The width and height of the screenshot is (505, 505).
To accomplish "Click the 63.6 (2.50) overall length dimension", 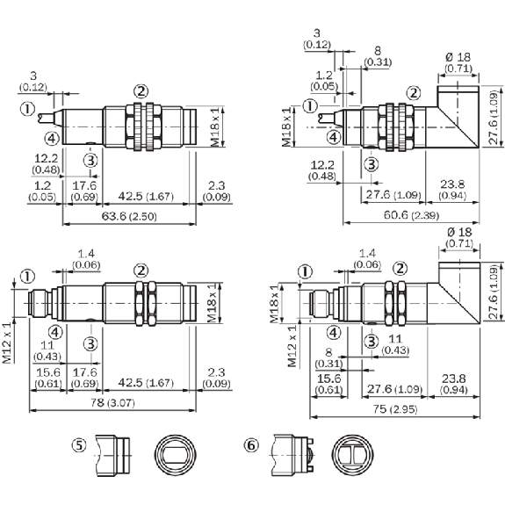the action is coord(129,216).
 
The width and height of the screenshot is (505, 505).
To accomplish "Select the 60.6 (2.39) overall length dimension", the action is coord(411,215).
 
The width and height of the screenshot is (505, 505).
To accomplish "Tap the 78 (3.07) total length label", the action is coord(112,402).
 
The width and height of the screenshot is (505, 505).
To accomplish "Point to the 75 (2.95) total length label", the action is coord(395,409).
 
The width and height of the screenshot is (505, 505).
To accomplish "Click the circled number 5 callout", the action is coord(79,445).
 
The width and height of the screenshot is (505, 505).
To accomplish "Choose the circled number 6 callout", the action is coord(251,445).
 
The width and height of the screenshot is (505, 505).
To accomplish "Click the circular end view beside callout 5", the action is coord(175,454).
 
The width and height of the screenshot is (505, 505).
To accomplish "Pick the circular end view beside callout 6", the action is coord(353,454).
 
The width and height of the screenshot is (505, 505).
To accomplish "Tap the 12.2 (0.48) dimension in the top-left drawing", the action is coord(46,163).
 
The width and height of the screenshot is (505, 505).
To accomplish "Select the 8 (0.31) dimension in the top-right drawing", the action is coord(378,56).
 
